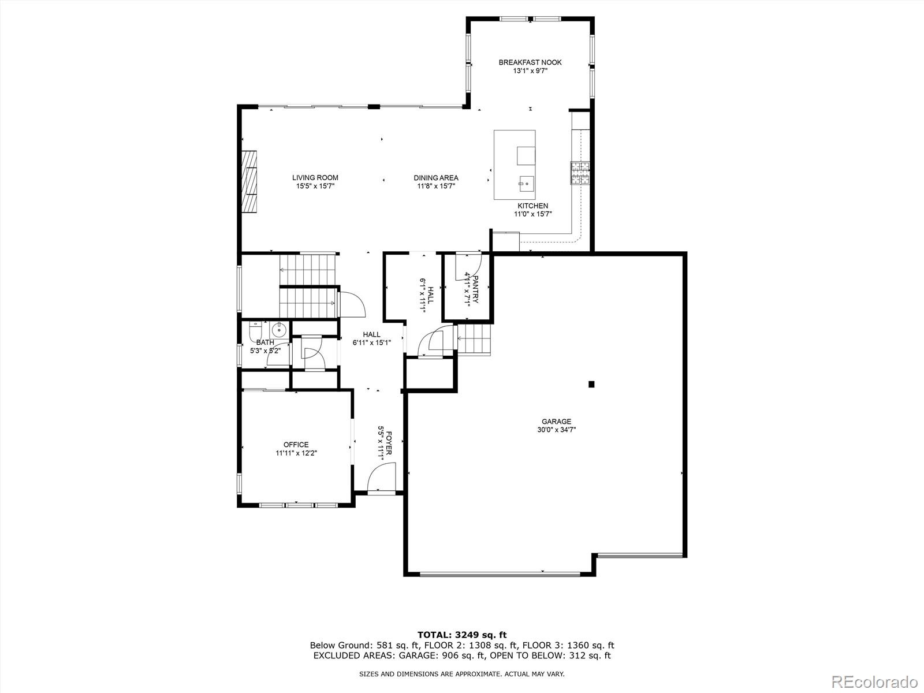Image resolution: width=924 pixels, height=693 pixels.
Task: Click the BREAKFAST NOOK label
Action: pos(530,62)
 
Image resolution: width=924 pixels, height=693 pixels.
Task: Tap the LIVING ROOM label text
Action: pos(315,178)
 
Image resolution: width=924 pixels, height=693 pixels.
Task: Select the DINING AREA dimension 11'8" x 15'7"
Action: pos(436,186)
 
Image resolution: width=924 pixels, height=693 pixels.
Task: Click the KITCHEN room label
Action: pos(532,206)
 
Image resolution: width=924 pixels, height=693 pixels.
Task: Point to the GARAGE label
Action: pos(556,422)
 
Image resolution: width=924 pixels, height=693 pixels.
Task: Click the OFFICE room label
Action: pos(296,445)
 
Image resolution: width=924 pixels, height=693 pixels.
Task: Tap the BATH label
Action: pos(265,342)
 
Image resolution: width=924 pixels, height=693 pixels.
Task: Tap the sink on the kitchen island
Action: pos(526,184)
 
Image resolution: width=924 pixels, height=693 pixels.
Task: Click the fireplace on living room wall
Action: pos(249,182)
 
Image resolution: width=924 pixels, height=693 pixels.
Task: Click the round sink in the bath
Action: pos(278,330)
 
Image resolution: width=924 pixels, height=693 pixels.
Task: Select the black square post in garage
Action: pos(591,384)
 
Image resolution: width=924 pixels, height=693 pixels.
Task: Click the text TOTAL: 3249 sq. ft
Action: pos(462,635)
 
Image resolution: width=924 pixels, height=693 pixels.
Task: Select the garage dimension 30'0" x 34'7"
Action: pos(556,430)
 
